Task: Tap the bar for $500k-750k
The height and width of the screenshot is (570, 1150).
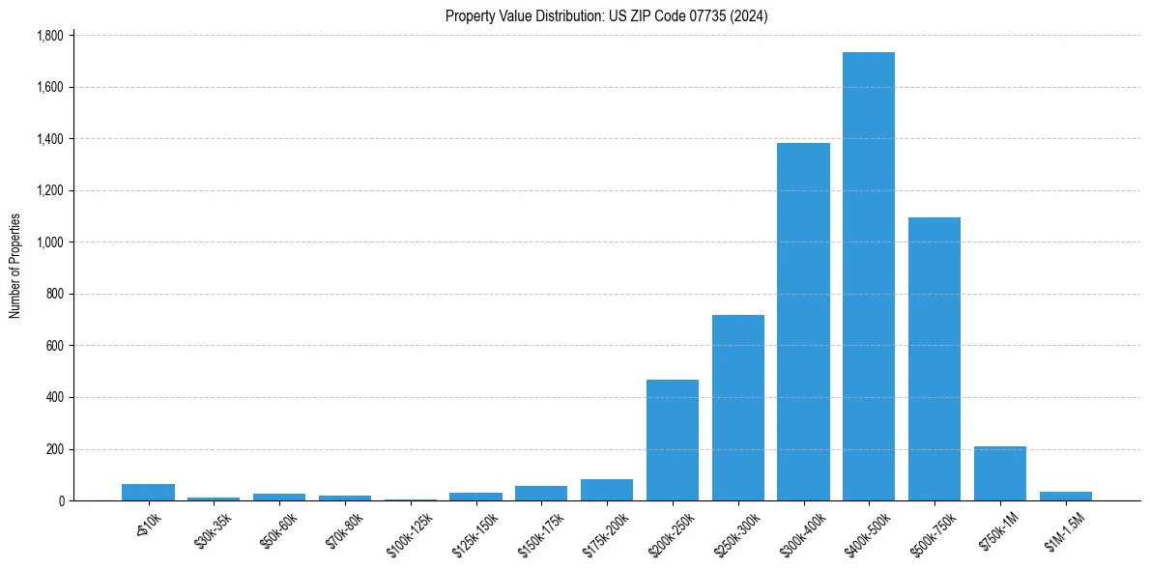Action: point(934,358)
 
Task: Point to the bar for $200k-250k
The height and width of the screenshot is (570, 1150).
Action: point(673,440)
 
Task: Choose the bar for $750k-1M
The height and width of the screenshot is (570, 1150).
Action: point(1000,473)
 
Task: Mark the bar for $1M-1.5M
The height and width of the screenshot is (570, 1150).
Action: point(1066,496)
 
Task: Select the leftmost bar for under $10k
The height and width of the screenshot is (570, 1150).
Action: point(148,492)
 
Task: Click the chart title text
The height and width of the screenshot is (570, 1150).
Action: point(607,16)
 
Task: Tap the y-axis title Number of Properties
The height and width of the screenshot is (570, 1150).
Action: point(15,267)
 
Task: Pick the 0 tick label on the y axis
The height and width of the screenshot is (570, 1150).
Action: point(60,501)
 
